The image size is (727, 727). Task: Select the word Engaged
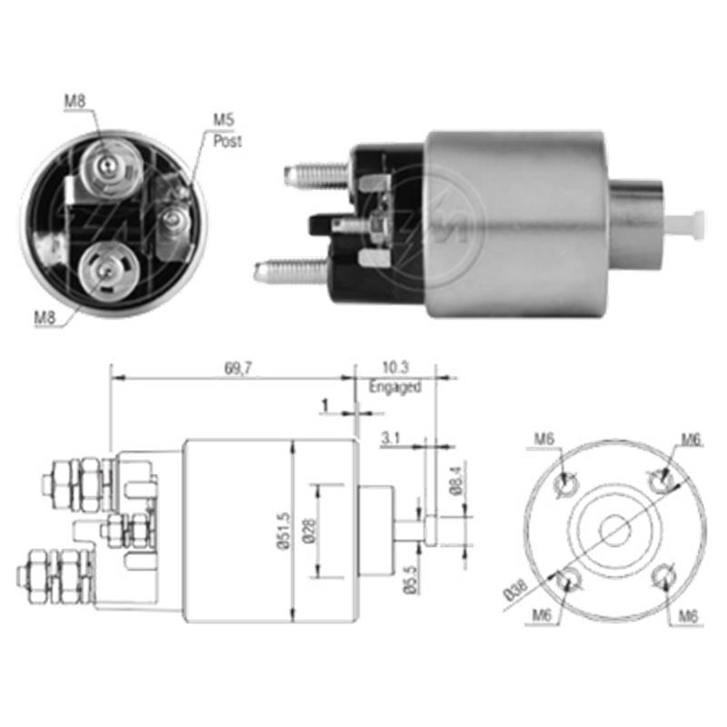394,387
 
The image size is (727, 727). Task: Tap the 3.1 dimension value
391,438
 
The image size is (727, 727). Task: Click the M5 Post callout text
225,130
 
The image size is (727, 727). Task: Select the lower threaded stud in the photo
291,269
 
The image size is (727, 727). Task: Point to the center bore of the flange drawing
615,530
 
